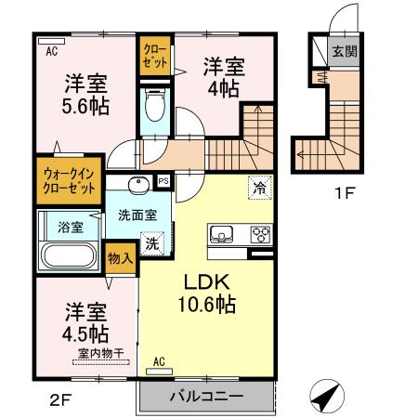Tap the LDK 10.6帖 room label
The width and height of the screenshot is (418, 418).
pos(207,292)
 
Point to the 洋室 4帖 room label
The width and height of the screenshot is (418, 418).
pos(224,76)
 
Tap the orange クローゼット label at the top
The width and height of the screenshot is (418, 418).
pos(155,57)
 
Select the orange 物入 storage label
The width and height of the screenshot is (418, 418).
pos(120,257)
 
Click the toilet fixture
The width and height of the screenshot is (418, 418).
pos(155,108)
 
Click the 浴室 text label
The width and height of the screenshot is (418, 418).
pos(71,225)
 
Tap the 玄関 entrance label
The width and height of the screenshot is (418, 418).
pos(343,51)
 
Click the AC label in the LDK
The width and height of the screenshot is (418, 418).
pos(158,360)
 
